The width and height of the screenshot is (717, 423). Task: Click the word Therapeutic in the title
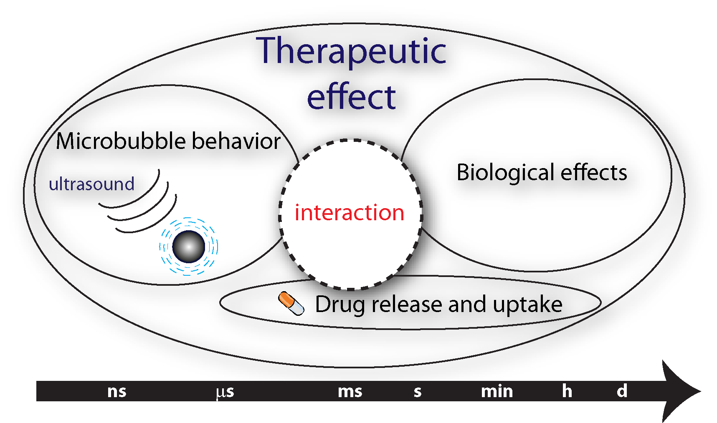pyautogui.click(x=351, y=52)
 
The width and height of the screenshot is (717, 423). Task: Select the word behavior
pyautogui.click(x=236, y=141)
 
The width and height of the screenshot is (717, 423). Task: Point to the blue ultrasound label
pyautogui.click(x=91, y=184)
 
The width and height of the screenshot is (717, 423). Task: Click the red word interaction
pyautogui.click(x=350, y=213)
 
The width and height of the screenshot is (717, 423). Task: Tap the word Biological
pyautogui.click(x=505, y=173)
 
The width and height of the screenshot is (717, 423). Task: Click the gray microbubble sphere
pyautogui.click(x=189, y=247)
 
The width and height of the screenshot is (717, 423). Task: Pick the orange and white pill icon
pyautogui.click(x=291, y=303)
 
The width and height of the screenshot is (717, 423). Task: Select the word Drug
pyautogui.click(x=340, y=305)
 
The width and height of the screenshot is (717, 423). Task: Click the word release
pyautogui.click(x=407, y=305)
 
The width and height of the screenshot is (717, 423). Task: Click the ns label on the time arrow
pyautogui.click(x=117, y=392)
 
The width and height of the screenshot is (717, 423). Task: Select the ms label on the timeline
pyautogui.click(x=350, y=392)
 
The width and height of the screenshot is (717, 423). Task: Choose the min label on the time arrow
pyautogui.click(x=497, y=391)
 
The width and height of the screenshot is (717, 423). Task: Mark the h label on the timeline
pyautogui.click(x=567, y=391)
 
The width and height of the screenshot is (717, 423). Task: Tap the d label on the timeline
pyautogui.click(x=622, y=391)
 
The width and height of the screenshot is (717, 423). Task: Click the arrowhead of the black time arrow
pyautogui.click(x=679, y=391)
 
